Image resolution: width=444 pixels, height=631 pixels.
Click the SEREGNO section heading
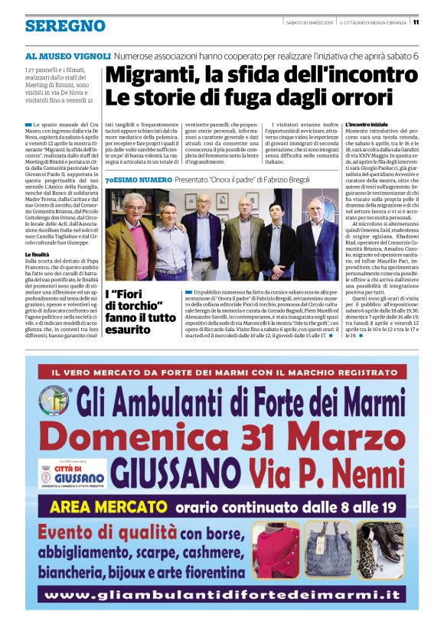pos(64,26)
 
